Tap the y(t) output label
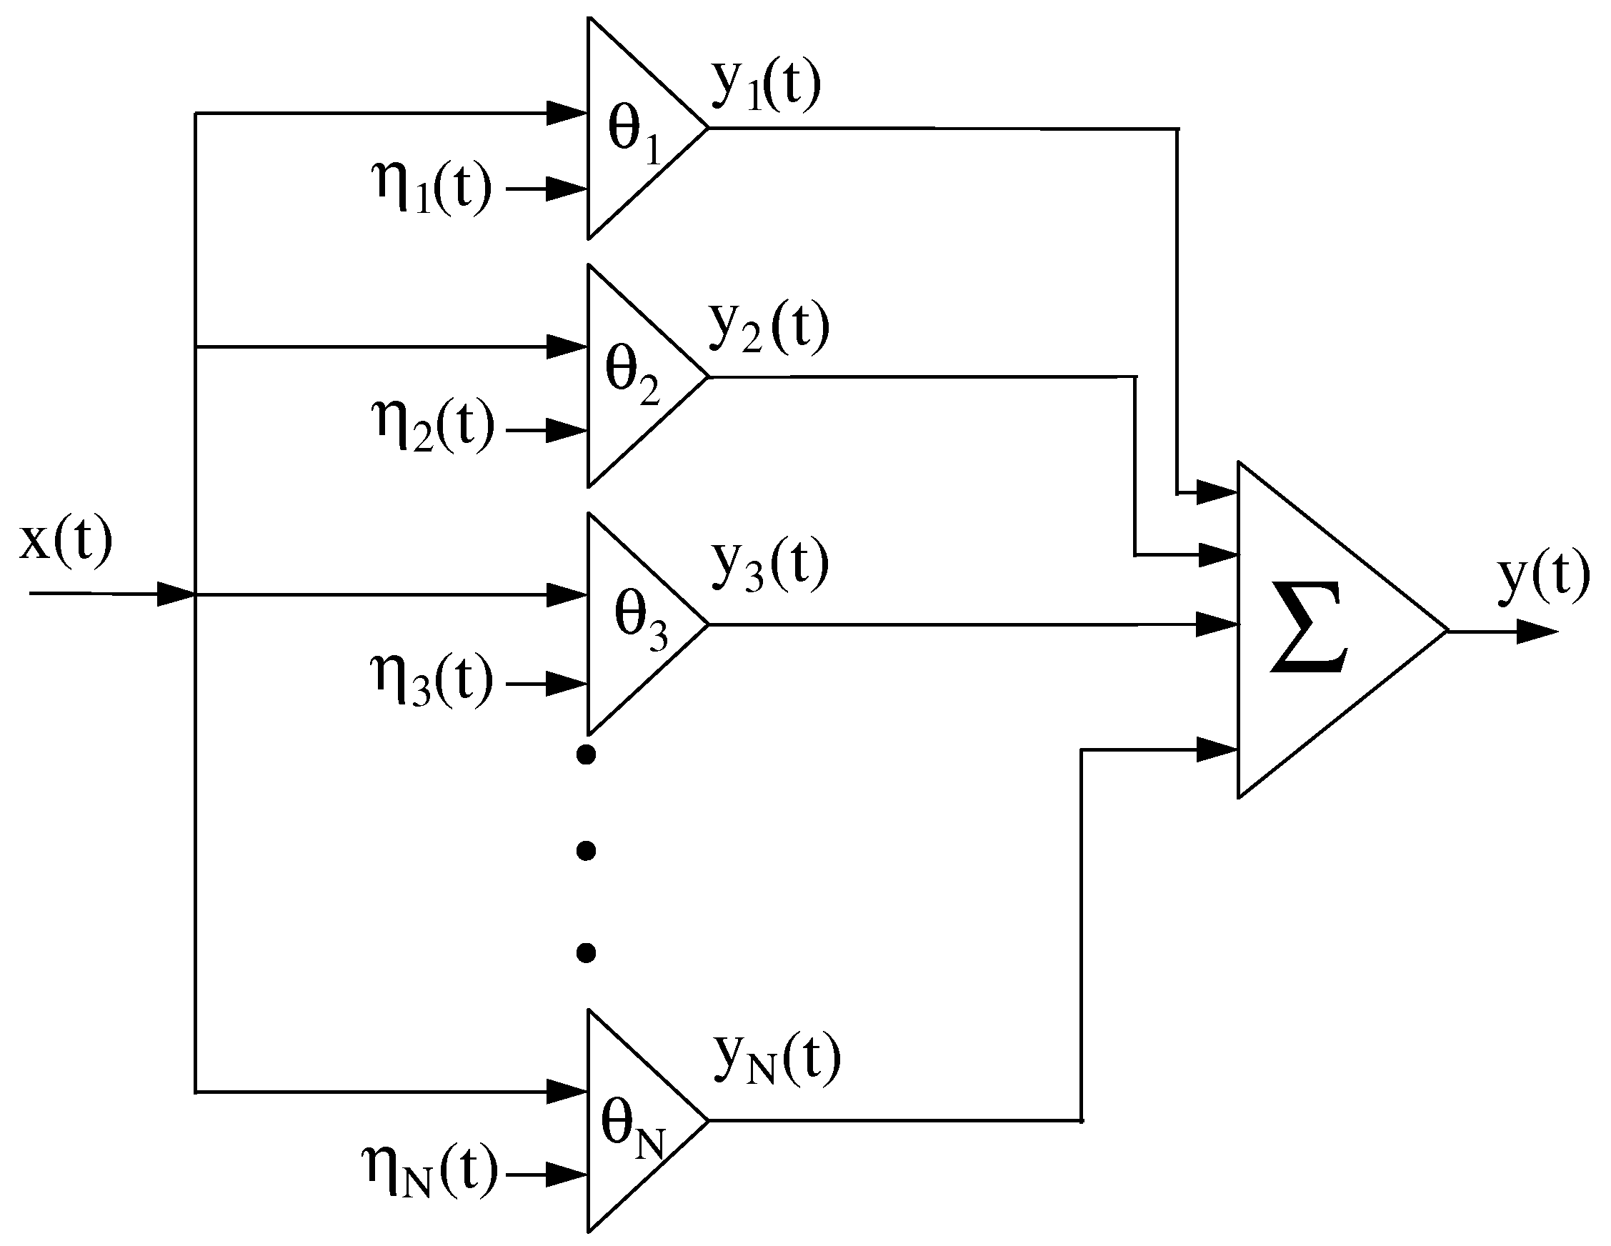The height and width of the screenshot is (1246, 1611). click(x=1543, y=577)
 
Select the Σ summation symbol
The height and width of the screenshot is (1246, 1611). click(x=1309, y=629)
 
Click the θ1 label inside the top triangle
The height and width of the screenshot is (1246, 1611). click(x=634, y=132)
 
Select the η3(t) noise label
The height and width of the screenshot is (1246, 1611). click(x=432, y=680)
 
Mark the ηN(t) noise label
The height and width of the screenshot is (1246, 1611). click(x=431, y=1172)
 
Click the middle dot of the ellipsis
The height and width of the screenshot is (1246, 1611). click(x=586, y=852)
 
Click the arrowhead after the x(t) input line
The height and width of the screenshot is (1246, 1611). click(x=176, y=594)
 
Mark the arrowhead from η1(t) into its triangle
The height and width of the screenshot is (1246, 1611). click(x=567, y=189)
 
